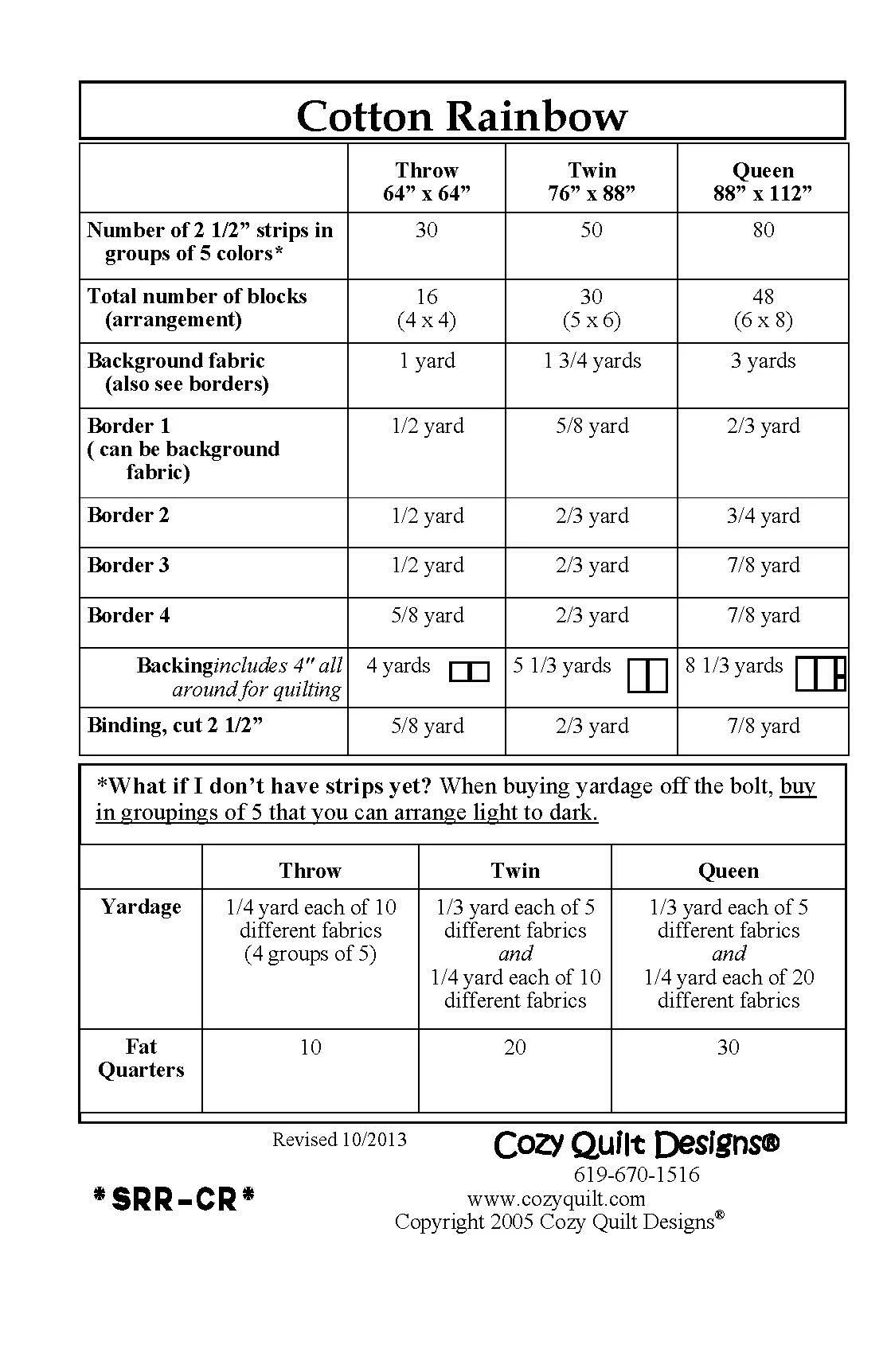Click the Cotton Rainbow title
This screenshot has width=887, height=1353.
click(462, 116)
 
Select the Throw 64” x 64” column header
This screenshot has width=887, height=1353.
click(427, 181)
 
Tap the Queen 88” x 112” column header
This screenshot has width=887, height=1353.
click(763, 181)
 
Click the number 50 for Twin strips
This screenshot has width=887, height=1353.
click(591, 230)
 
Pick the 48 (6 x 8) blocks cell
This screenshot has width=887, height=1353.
click(763, 308)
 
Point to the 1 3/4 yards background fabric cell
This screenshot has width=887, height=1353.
click(592, 361)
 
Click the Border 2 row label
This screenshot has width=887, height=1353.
click(128, 515)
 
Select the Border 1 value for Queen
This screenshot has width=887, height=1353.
click(763, 426)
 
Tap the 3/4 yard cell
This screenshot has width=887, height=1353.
click(763, 516)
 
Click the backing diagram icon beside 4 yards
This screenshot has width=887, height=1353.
click(469, 672)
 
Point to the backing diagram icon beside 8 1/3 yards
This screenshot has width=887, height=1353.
click(820, 673)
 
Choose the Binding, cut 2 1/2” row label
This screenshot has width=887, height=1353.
click(175, 725)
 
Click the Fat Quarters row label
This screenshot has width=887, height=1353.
click(141, 1058)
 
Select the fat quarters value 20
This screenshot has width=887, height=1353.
click(515, 1047)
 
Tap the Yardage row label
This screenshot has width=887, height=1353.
click(141, 907)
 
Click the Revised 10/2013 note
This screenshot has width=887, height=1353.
click(339, 1140)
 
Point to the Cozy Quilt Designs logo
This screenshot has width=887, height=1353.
click(636, 1144)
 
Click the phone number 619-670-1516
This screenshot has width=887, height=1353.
click(636, 1175)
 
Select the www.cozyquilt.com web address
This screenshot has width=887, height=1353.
click(556, 1199)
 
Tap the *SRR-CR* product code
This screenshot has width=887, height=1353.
click(174, 1199)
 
